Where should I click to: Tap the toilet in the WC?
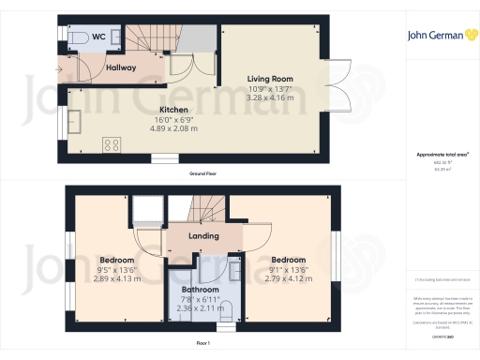[79, 37]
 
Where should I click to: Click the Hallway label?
[121, 67]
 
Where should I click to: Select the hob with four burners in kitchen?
[112, 144]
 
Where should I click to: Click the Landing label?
[203, 236]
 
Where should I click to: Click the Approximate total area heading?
[435, 154]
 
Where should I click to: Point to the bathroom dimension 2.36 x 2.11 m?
[200, 307]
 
